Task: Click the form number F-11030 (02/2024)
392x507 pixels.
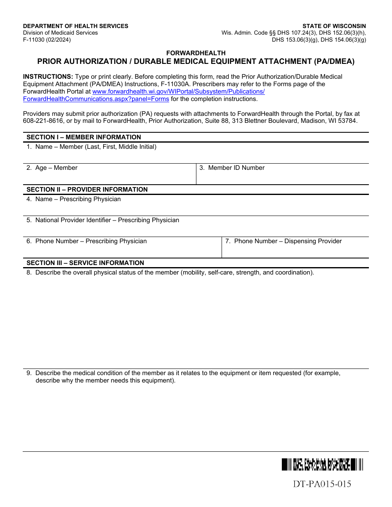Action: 47,40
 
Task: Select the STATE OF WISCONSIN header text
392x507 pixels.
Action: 334,26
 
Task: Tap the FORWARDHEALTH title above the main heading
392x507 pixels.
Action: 196,53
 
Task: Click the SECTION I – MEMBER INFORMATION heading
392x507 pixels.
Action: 83,137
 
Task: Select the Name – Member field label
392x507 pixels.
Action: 96,147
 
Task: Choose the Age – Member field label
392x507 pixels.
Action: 56,168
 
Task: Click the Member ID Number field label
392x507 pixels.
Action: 236,168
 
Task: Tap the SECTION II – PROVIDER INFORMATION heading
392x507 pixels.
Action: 87,190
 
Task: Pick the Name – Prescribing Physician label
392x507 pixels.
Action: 78,199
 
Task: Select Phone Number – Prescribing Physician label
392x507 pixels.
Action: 91,241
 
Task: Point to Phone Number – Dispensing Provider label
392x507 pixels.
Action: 288,241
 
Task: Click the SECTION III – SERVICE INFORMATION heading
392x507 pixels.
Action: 85,263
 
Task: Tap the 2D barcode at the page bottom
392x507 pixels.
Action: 322,465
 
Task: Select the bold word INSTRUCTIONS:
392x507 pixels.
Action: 48,77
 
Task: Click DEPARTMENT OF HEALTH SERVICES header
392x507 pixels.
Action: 76,26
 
